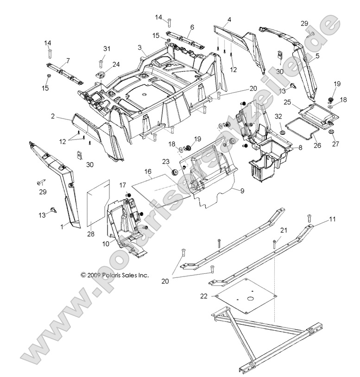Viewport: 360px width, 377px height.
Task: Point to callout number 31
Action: point(107,49)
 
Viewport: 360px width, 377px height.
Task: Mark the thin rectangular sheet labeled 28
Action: point(98,202)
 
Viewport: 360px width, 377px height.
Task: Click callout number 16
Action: point(148,171)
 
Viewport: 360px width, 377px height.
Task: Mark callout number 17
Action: point(122,184)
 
